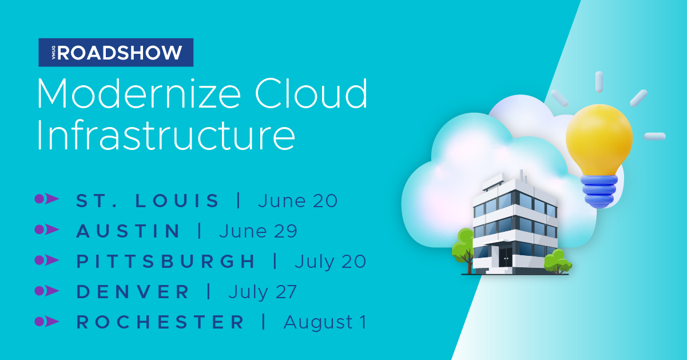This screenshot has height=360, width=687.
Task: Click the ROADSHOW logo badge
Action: pos(116,53)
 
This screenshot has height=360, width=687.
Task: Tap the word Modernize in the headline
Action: pos(138,93)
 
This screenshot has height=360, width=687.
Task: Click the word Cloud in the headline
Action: pos(311,93)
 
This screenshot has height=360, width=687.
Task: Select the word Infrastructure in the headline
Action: pos(166,135)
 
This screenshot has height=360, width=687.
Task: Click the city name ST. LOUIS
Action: pos(147,201)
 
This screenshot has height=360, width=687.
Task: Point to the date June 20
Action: pos(298,201)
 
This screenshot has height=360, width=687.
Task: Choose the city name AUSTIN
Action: pos(128,231)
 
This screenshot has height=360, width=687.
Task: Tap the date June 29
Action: pos(258,231)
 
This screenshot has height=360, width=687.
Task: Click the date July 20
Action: pos(331,262)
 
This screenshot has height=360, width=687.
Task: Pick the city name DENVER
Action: pos(133,291)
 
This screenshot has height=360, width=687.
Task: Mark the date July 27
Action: pos(263,292)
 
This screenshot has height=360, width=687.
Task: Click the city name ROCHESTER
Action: pos(160,322)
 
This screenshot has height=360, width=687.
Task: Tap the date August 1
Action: pos(325,322)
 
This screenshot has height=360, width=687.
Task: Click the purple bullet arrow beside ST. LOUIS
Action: pos(46,199)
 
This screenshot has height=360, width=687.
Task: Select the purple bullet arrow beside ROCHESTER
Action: pos(46,322)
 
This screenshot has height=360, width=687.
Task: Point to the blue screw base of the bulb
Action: pos(599,191)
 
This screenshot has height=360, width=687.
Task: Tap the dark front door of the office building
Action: pos(506,257)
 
